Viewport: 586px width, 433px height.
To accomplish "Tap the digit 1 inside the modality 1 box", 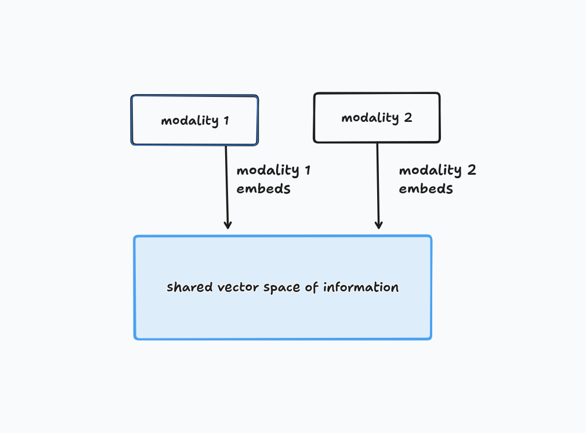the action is point(226,120).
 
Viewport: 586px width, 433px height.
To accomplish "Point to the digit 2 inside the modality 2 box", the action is point(408,118).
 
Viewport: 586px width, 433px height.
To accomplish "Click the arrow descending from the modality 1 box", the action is point(227,187).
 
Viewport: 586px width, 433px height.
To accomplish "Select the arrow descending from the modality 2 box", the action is point(378,186).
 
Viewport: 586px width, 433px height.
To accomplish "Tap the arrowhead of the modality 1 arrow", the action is point(227,225).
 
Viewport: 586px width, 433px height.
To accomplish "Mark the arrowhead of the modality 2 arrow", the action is point(379,225).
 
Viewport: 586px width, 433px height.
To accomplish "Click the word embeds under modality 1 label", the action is point(263,189).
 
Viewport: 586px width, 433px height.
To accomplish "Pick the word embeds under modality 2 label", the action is point(426,189).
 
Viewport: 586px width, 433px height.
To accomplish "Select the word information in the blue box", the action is point(361,287).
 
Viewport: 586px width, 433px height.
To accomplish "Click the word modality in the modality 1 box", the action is point(190,121).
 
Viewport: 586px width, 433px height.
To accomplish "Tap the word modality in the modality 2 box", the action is point(370,118).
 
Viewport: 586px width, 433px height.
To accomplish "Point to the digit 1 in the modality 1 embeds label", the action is point(308,170).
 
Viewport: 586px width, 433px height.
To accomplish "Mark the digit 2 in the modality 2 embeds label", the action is point(472,170).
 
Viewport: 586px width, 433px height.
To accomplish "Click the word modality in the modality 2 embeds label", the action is point(431,171).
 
